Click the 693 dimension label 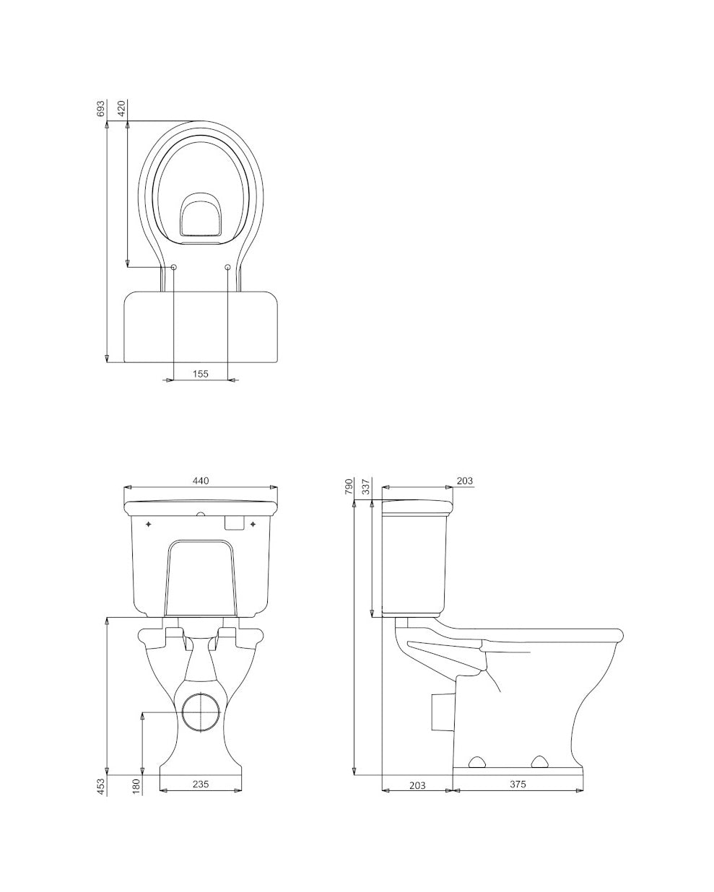tap(101, 108)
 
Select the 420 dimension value tap(121, 108)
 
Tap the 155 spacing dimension tap(201, 373)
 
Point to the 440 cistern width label tap(201, 481)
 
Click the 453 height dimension tap(101, 786)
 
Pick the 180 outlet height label tap(136, 786)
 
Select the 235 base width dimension tap(201, 784)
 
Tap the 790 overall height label tap(349, 486)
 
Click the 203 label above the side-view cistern tap(464, 481)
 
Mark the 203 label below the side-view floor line tap(417, 784)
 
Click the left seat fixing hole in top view tap(173, 268)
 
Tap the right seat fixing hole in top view tap(228, 268)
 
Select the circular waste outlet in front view tap(200, 712)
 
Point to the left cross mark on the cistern tap(149, 523)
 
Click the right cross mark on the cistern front tap(252, 523)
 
